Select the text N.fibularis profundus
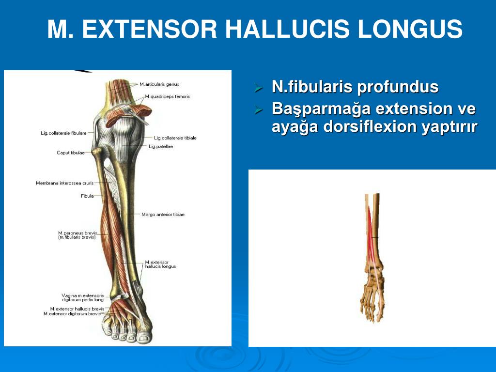[x=355, y=87]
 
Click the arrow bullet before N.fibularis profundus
[x=259, y=88]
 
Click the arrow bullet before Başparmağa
[x=259, y=109]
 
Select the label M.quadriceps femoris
[x=167, y=96]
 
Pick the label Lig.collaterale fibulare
[x=63, y=133]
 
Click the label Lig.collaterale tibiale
[x=175, y=138]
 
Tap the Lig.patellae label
[x=161, y=146]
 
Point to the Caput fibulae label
[x=71, y=153]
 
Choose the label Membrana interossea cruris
[x=64, y=183]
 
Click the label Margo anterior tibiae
[x=163, y=214]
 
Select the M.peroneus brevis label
[x=77, y=233]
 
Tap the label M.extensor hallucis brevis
[x=77, y=309]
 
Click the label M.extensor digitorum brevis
[x=72, y=314]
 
